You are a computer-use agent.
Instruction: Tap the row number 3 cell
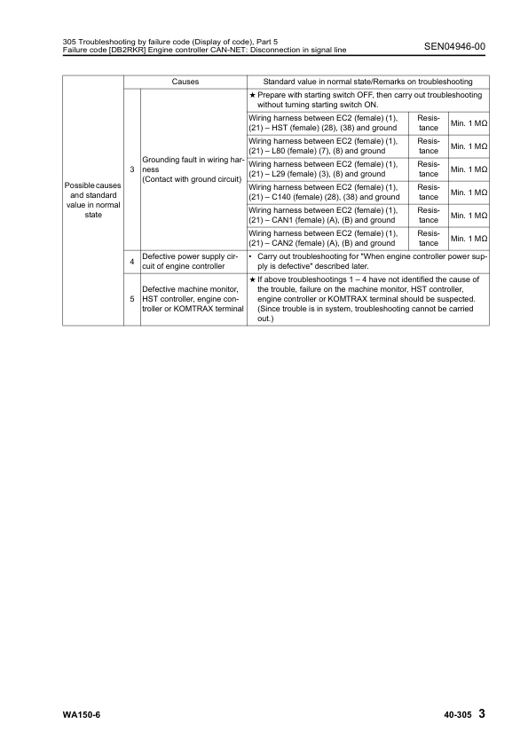(x=132, y=169)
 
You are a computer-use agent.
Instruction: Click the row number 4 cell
(x=132, y=261)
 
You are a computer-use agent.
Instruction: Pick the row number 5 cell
(x=132, y=299)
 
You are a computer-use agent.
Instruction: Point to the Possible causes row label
(x=93, y=202)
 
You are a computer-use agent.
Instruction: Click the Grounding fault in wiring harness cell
(x=192, y=169)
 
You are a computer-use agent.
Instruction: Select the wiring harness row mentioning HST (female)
(x=325, y=122)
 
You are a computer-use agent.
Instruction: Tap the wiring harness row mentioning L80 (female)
(x=325, y=145)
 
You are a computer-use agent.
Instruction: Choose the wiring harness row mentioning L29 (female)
(x=325, y=169)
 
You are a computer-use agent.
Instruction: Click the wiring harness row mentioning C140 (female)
(x=325, y=192)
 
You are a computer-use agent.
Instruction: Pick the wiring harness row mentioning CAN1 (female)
(x=325, y=215)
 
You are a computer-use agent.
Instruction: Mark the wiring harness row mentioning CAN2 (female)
(x=325, y=238)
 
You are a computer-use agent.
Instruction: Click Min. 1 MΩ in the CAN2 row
(x=469, y=238)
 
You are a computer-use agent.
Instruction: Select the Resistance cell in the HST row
(x=428, y=122)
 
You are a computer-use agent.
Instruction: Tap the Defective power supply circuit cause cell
(x=192, y=261)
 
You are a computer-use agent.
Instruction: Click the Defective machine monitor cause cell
(x=192, y=299)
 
